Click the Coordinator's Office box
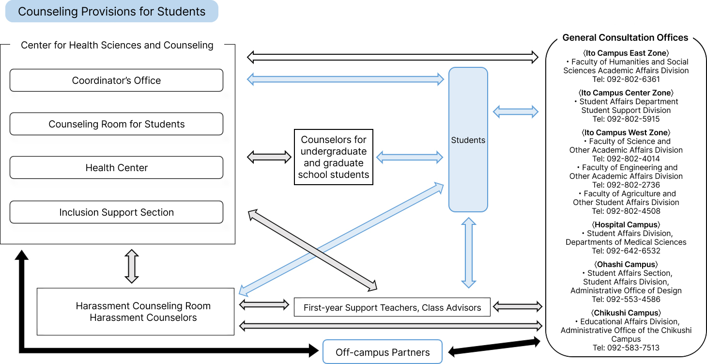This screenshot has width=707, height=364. tap(116, 80)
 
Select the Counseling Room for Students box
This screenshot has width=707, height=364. tap(116, 124)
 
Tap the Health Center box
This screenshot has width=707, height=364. tap(116, 168)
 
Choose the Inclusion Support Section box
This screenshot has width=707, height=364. tap(116, 212)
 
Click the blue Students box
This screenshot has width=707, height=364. tap(468, 140)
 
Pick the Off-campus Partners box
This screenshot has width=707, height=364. tap(383, 352)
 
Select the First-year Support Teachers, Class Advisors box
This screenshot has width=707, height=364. tap(392, 307)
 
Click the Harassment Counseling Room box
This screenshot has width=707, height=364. tap(136, 312)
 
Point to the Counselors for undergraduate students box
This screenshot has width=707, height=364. tap(334, 157)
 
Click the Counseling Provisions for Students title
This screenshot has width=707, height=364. tap(112, 12)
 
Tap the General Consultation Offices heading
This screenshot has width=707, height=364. tap(625, 38)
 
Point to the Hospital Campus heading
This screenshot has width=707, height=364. tap(626, 225)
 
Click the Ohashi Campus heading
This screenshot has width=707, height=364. tap(626, 265)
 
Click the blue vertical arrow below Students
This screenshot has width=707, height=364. tap(468, 253)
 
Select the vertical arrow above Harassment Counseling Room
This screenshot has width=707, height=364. tap(132, 266)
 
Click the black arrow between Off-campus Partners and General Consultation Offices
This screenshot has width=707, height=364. tap(494, 347)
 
